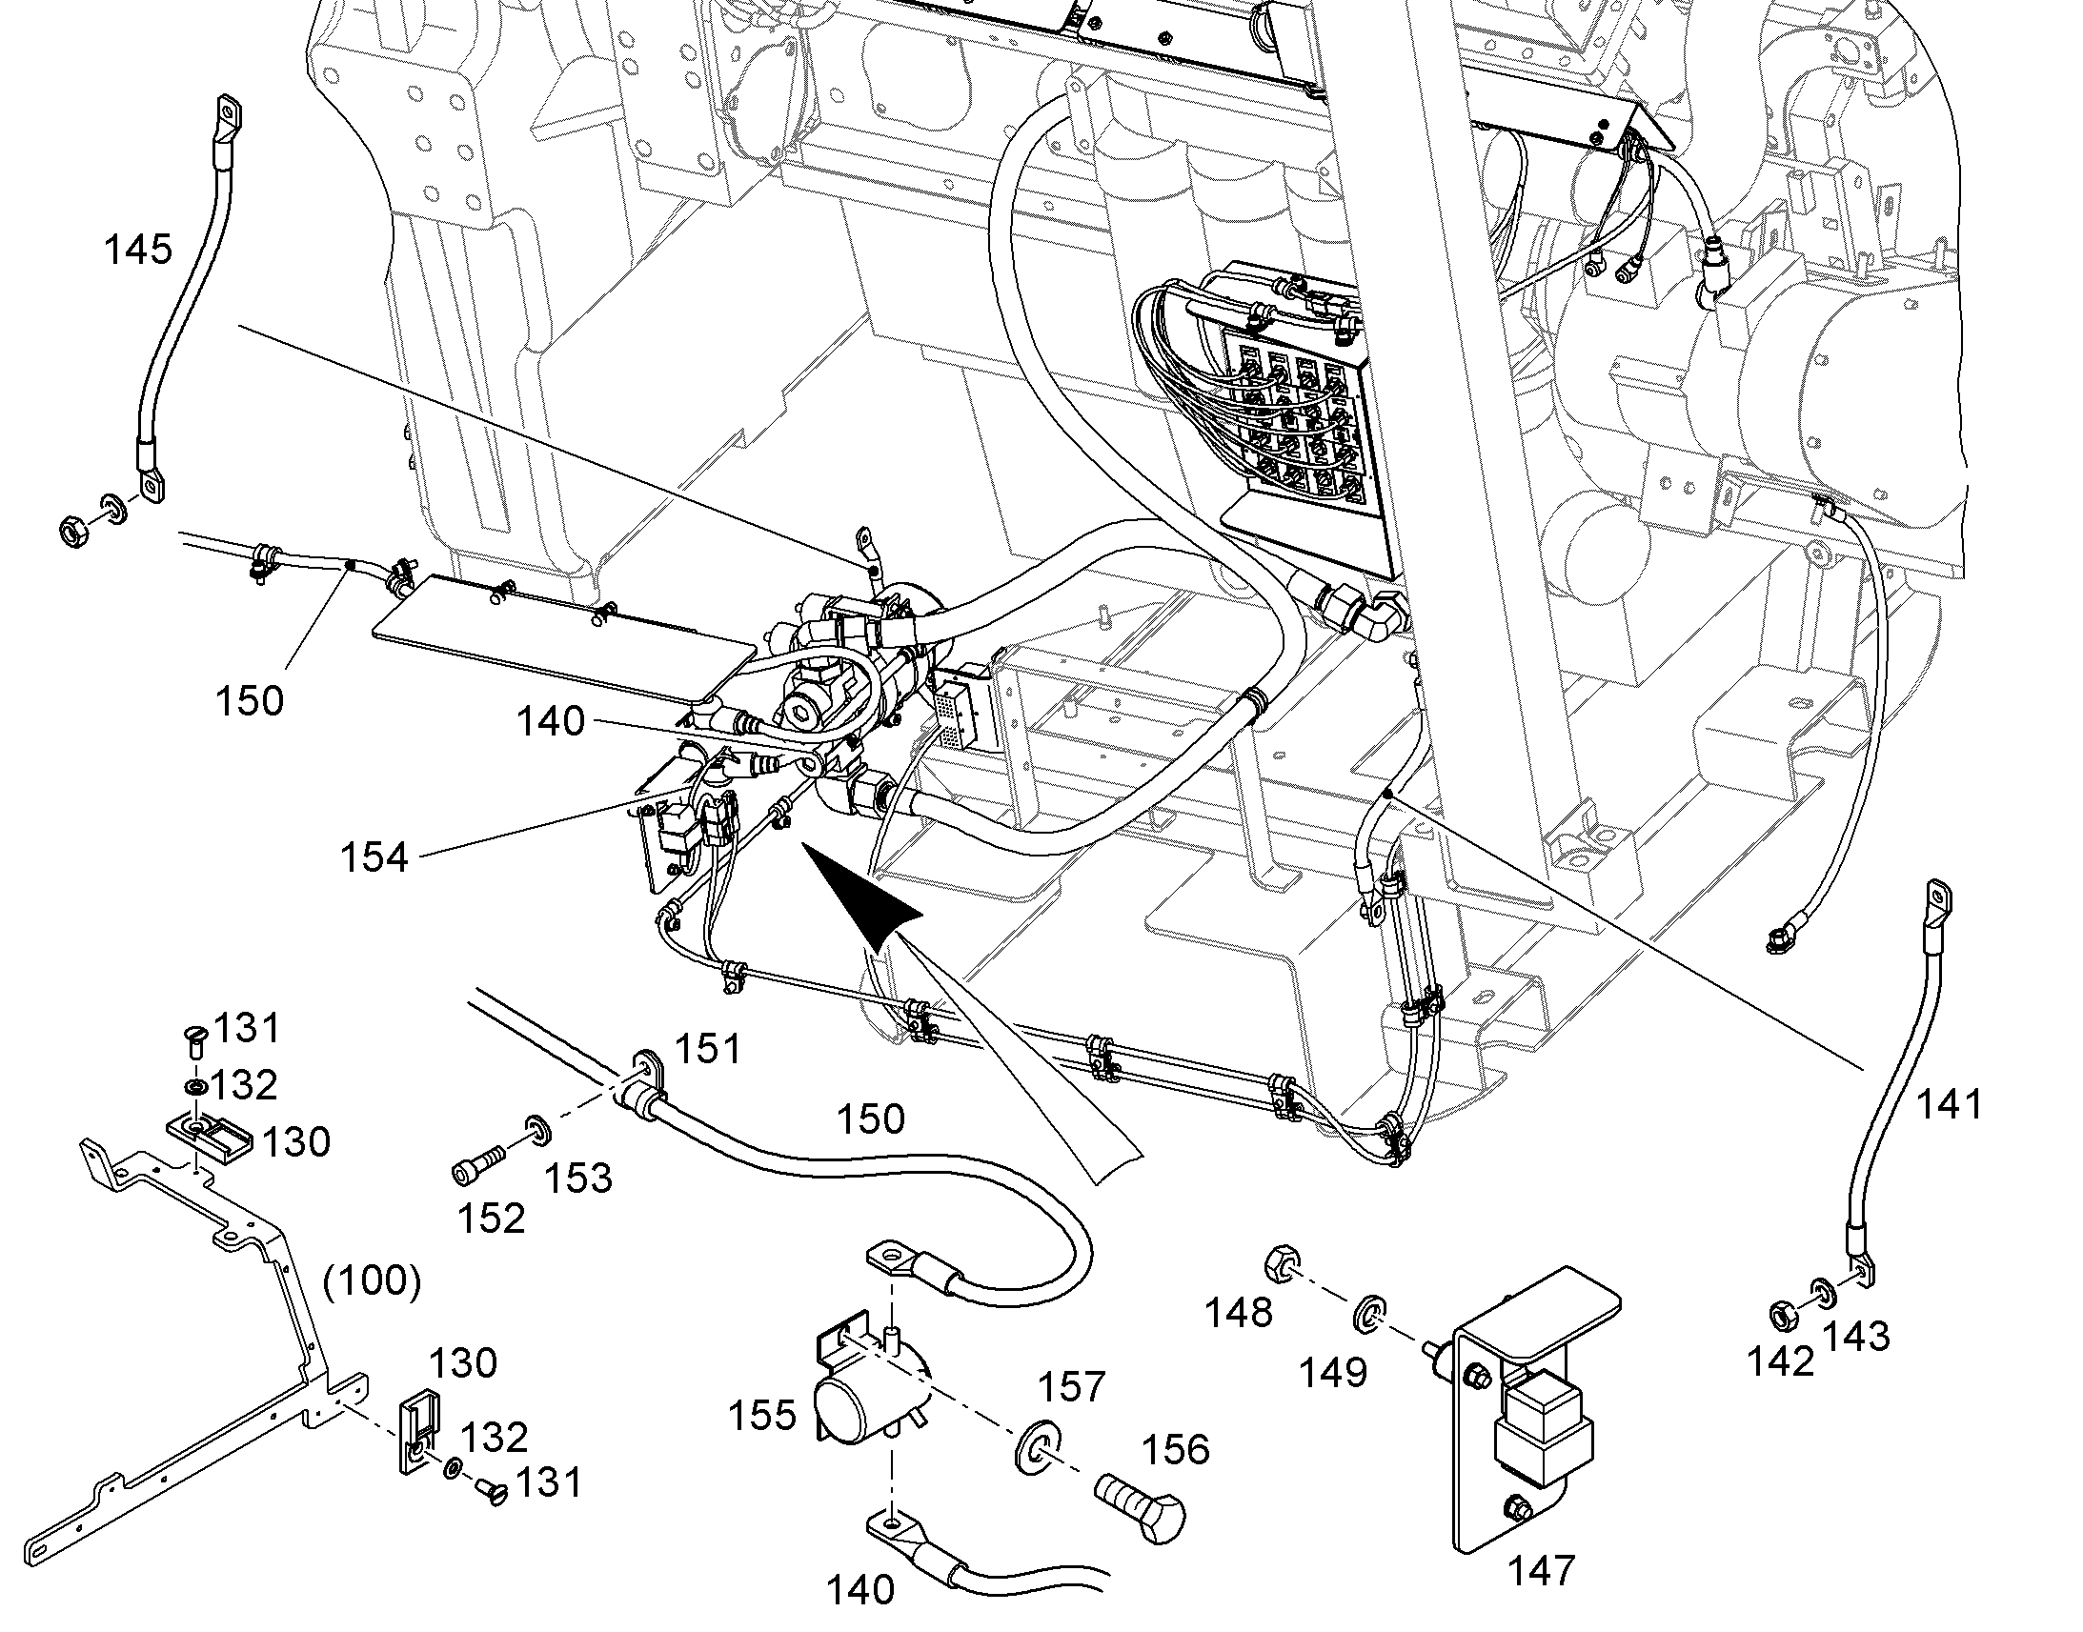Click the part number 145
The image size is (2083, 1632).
click(137, 251)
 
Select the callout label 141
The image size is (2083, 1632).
click(1950, 1104)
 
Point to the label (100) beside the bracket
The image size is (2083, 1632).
click(373, 1280)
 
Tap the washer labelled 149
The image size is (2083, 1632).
click(1367, 1314)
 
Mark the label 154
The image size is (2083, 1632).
click(374, 857)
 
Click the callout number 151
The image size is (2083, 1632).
click(707, 1050)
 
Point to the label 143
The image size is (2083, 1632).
click(1856, 1335)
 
